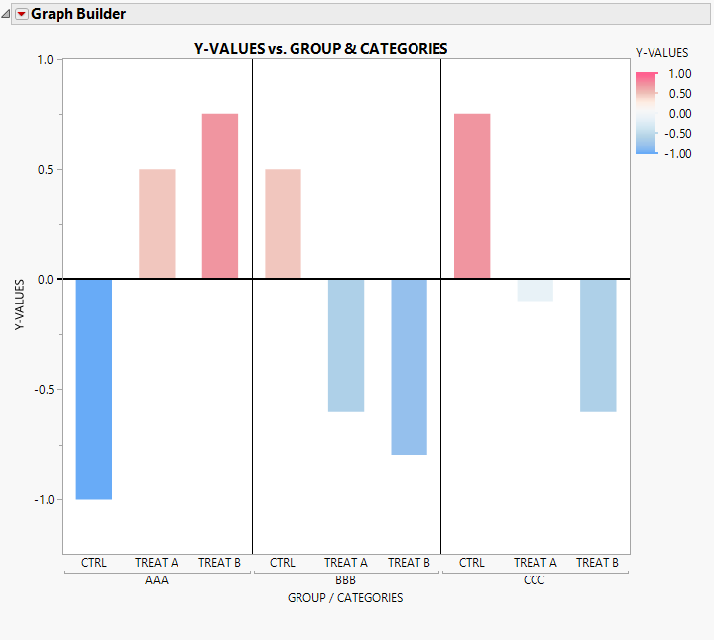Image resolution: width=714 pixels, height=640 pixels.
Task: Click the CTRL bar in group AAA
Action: [93, 388]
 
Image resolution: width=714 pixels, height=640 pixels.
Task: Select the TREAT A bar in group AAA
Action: [157, 223]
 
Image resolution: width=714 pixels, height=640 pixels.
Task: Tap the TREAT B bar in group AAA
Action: [220, 195]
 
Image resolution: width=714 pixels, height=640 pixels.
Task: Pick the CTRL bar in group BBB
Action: [283, 223]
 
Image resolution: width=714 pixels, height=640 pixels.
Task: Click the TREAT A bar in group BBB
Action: [346, 344]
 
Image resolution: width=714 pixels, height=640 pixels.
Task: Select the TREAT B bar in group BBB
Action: [410, 366]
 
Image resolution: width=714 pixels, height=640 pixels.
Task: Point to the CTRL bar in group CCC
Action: [472, 195]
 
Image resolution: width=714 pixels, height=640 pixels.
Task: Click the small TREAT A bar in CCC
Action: [535, 290]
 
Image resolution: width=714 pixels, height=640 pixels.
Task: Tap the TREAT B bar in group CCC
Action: [598, 344]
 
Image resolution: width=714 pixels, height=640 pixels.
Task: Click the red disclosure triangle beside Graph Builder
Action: [22, 14]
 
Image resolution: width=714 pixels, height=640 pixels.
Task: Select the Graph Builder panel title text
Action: [78, 14]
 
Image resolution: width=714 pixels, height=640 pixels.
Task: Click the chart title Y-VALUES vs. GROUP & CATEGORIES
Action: [320, 48]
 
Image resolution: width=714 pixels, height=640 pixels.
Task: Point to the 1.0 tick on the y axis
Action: [44, 60]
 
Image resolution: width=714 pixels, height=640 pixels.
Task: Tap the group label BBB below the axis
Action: [346, 580]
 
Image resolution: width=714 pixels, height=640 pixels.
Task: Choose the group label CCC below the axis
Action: [535, 580]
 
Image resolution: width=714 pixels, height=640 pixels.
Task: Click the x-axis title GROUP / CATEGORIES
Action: [345, 598]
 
